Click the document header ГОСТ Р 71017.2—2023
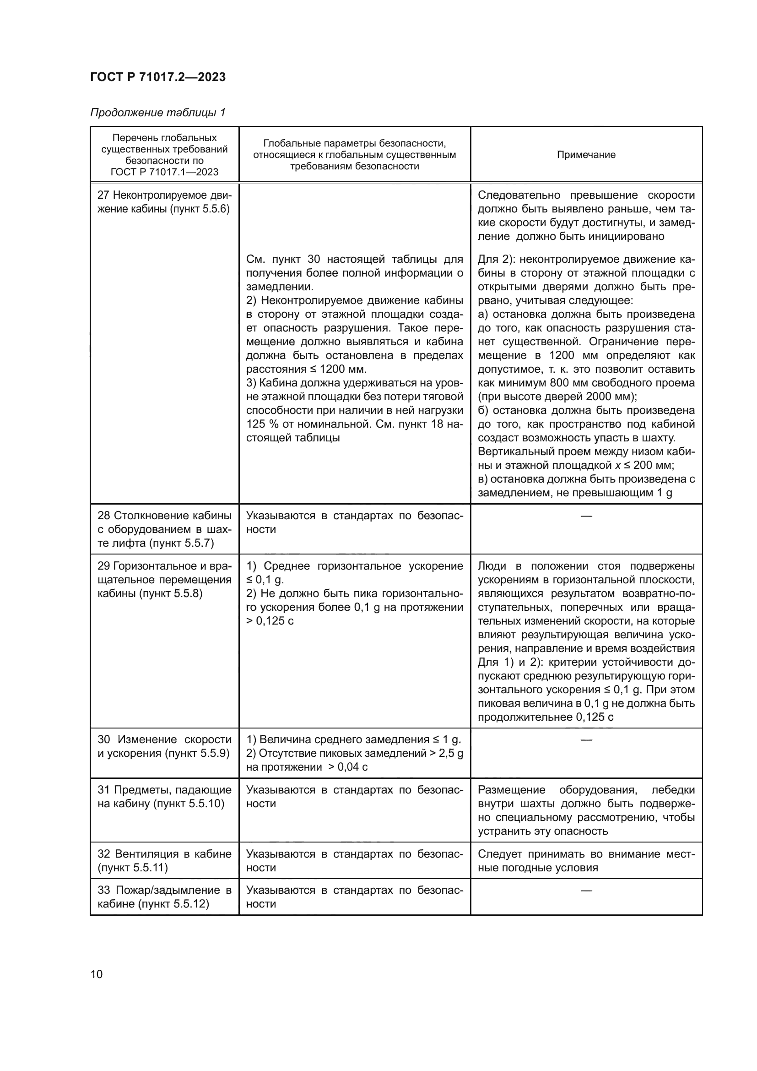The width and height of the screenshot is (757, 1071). pyautogui.click(x=157, y=77)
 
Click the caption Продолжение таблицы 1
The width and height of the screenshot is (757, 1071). pyautogui.click(x=157, y=113)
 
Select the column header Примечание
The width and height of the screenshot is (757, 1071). pyautogui.click(x=586, y=155)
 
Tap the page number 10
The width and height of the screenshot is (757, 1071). pyautogui.click(x=97, y=974)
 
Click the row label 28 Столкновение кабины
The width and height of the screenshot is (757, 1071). pyautogui.click(x=164, y=516)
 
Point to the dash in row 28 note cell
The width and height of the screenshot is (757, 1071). pyautogui.click(x=586, y=516)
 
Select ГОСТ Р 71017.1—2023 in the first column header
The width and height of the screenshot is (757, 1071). pyautogui.click(x=164, y=172)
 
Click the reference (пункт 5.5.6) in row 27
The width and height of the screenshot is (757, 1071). pyautogui.click(x=201, y=209)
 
